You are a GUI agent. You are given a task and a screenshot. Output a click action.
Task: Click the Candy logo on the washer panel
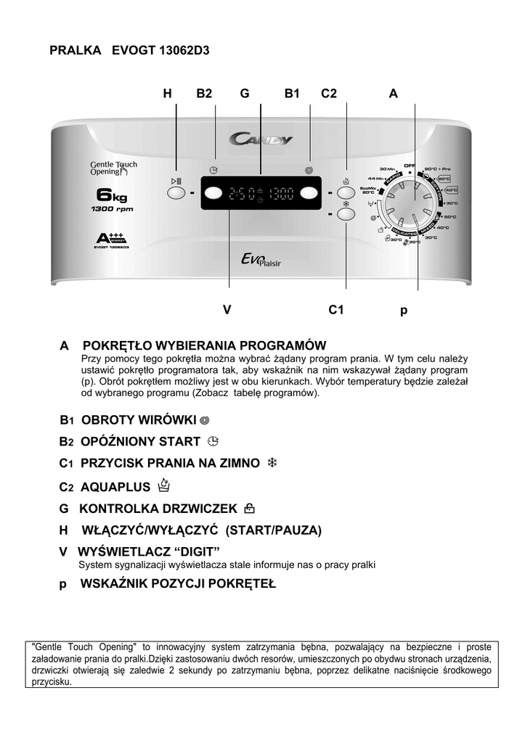[261, 139]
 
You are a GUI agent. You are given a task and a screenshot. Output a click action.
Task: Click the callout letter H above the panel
[168, 93]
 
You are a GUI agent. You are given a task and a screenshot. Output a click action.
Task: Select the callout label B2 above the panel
[204, 93]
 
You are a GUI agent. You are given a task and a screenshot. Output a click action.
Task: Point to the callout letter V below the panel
[227, 310]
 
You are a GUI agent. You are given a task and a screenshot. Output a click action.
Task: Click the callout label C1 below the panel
[335, 310]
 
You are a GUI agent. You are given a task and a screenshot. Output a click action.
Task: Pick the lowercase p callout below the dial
[404, 311]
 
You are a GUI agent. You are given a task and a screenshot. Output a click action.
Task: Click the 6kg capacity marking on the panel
[112, 195]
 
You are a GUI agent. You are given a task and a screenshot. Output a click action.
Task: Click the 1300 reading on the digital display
[280, 194]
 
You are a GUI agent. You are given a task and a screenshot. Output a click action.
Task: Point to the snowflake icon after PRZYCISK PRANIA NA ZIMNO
[273, 463]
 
